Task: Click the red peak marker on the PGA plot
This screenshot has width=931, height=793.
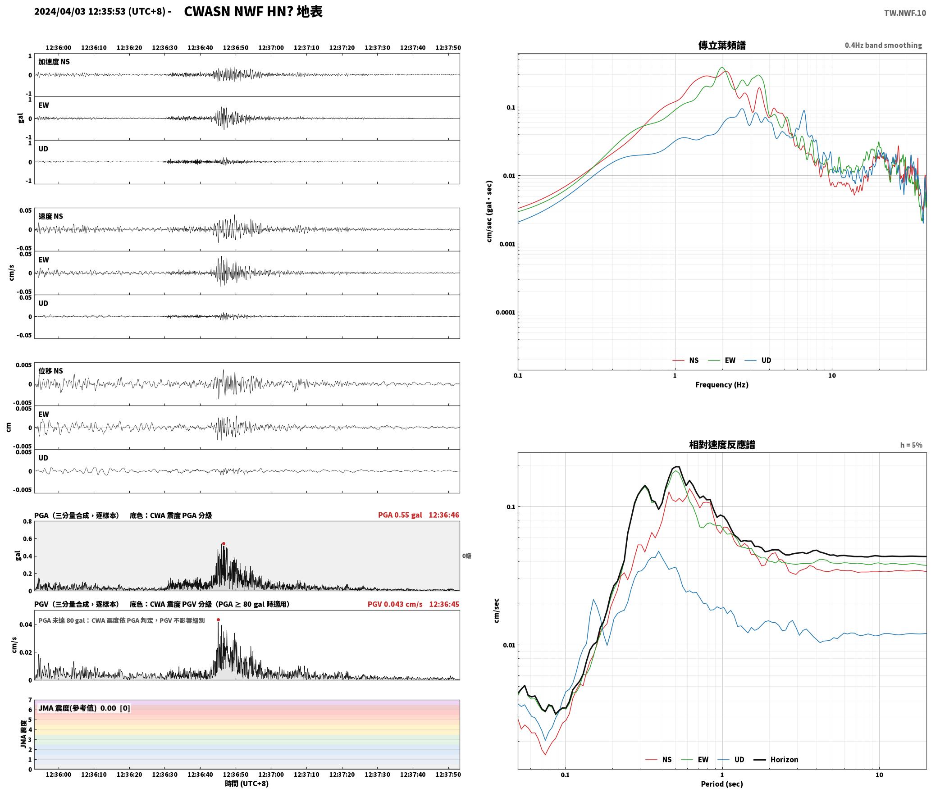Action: coord(224,543)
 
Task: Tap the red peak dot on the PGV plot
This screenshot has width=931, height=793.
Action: coord(219,620)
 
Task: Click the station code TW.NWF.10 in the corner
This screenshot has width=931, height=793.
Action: coord(905,13)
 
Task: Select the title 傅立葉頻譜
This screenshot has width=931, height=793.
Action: coord(721,45)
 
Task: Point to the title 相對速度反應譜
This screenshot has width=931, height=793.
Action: coord(722,445)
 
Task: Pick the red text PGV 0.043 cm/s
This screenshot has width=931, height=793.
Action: coord(395,604)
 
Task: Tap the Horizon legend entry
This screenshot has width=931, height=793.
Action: coord(776,760)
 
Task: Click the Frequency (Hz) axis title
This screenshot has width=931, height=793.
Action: coord(721,385)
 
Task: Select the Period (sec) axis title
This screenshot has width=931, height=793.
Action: coord(721,784)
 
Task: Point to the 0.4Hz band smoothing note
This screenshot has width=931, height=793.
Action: coord(883,46)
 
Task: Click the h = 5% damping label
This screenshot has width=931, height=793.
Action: coord(911,445)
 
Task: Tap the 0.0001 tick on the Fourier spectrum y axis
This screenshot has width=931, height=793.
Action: coord(505,312)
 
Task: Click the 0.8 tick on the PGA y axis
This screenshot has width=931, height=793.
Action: coord(27,522)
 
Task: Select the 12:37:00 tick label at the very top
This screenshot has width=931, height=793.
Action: coord(271,48)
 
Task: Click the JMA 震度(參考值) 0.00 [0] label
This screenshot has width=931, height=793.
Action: coord(84,708)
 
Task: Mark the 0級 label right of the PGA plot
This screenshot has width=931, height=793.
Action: coord(466,556)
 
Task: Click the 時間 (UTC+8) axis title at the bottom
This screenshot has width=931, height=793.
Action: coord(247,784)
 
